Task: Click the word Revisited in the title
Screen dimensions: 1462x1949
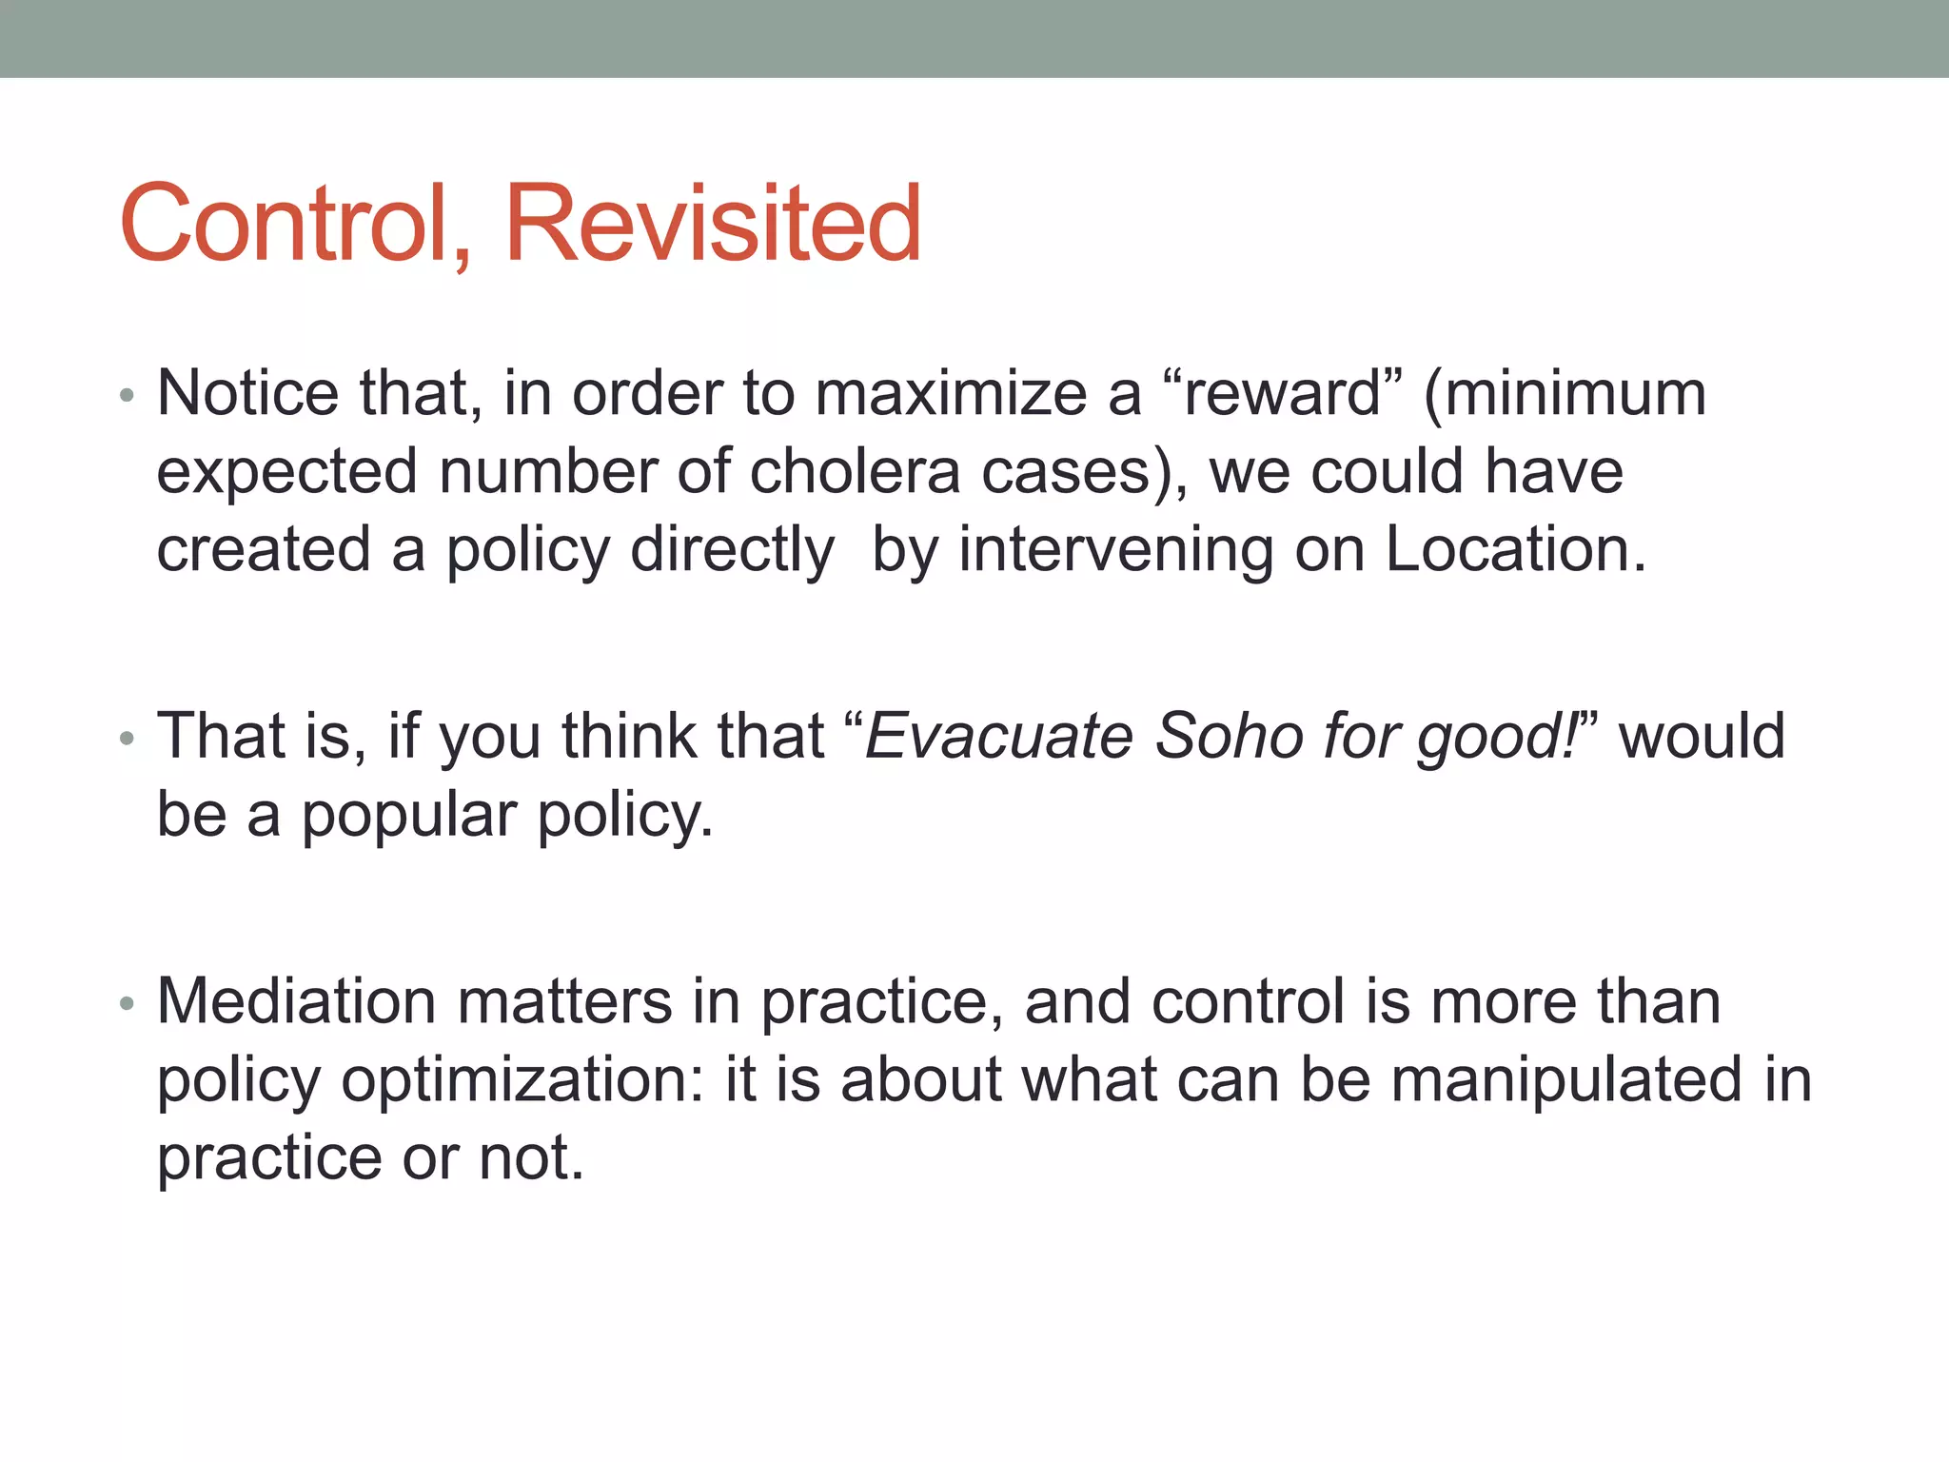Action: coord(713,224)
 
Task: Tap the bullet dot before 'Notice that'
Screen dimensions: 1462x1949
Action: coord(128,395)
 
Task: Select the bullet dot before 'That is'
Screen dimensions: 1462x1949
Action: coord(128,739)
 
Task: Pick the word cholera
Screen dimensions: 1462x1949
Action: coord(855,472)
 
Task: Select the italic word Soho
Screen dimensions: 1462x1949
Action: coord(1228,737)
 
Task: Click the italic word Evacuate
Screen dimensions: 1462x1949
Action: coord(999,737)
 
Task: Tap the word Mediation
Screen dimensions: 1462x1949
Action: coord(295,1001)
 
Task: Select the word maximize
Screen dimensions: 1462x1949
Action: coord(951,393)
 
